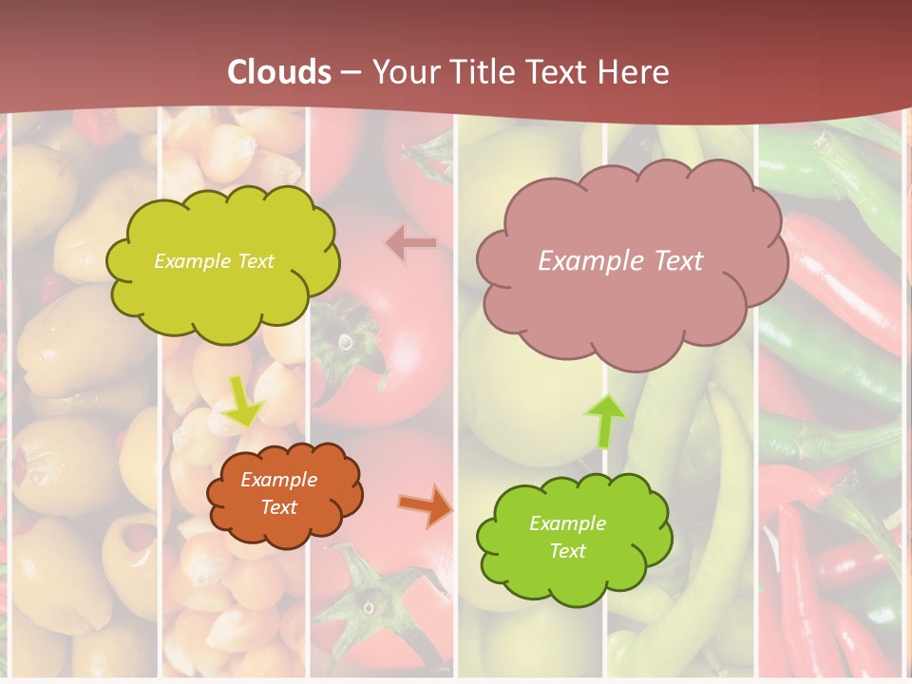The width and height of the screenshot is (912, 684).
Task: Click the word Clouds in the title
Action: pyautogui.click(x=279, y=72)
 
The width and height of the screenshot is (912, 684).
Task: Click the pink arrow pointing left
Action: pyautogui.click(x=411, y=243)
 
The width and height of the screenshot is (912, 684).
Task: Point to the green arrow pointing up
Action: pyautogui.click(x=604, y=421)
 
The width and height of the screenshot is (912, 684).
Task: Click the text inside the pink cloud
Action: pyautogui.click(x=620, y=260)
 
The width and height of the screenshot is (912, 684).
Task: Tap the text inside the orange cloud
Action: pyautogui.click(x=278, y=493)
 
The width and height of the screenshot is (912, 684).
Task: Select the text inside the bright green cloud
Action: pyautogui.click(x=567, y=537)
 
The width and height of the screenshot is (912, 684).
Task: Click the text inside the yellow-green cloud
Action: pyautogui.click(x=214, y=260)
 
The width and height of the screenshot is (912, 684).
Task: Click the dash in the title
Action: pyautogui.click(x=351, y=73)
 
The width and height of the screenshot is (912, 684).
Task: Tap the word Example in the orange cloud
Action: pyautogui.click(x=278, y=480)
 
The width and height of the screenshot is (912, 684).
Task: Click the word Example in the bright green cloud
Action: pyautogui.click(x=567, y=523)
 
